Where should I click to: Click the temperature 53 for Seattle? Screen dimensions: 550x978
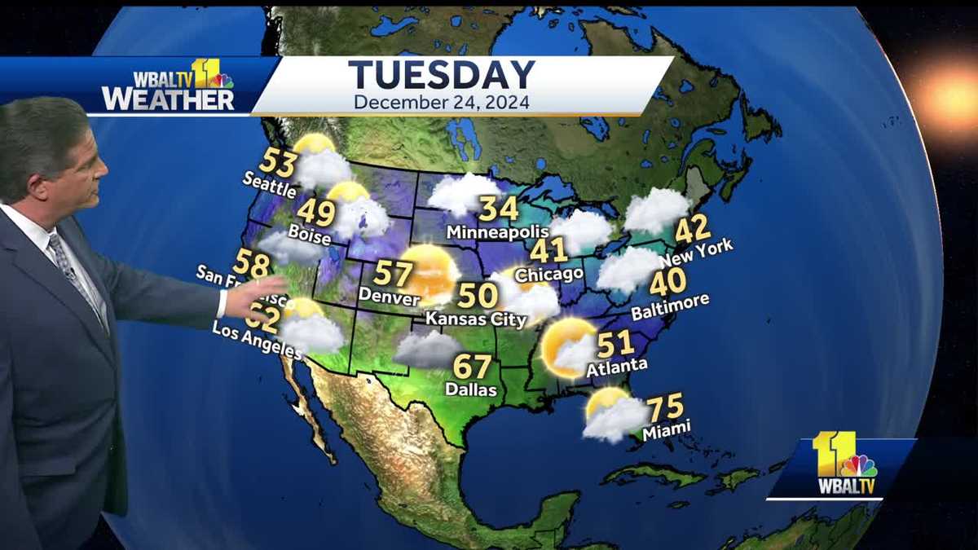(277, 163)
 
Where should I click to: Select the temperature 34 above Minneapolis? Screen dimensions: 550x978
(498, 209)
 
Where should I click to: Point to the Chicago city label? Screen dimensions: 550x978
(548, 274)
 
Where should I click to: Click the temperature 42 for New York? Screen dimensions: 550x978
(693, 229)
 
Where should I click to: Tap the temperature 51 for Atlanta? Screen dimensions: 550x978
(615, 344)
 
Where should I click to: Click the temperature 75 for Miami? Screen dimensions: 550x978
(665, 407)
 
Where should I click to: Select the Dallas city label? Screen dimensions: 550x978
(471, 389)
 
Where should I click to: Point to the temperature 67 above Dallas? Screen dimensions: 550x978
(472, 366)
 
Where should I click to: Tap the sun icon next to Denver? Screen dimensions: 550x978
(429, 272)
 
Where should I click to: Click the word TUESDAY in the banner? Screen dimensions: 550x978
(442, 75)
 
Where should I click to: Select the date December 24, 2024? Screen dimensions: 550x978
(442, 103)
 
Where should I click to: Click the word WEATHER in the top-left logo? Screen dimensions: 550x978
(168, 99)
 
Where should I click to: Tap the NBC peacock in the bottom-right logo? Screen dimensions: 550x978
(857, 466)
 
